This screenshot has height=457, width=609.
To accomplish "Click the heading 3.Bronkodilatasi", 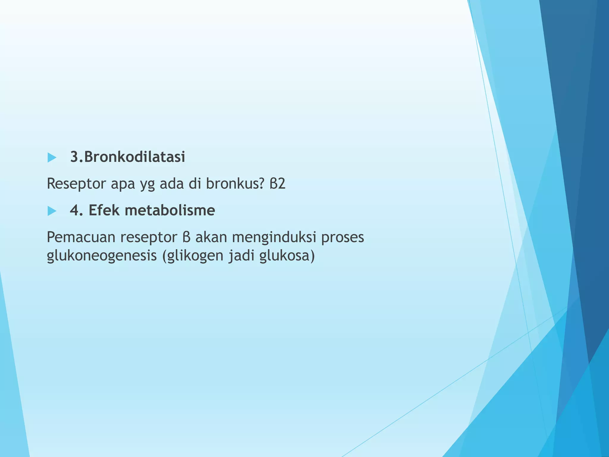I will point(127,157).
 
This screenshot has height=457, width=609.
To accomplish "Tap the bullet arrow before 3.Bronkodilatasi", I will point(52,157).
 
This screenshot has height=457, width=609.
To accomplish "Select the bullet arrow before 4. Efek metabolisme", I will point(52,211).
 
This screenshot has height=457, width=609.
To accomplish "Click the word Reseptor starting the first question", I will point(76,184).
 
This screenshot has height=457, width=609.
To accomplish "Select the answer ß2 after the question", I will point(277,184).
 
